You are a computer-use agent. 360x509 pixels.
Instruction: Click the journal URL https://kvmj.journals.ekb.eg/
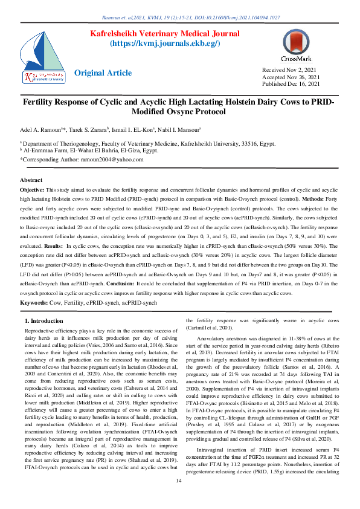pos(164,44)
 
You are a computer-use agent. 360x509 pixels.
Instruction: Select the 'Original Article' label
pos(103,73)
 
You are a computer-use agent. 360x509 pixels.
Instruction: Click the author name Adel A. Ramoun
pos(47,129)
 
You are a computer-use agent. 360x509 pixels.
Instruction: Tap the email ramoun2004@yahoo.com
pos(113,160)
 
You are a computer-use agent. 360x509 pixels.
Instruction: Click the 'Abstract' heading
pos(31,180)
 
